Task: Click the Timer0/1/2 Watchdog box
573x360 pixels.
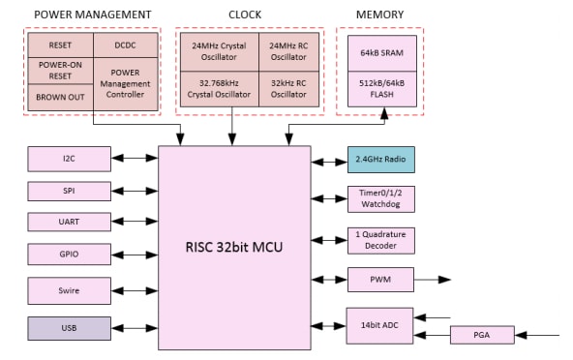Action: coord(380,198)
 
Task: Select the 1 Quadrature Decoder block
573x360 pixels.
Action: coord(380,240)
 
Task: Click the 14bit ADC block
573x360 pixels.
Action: coord(380,325)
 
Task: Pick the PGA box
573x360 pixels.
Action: coord(482,335)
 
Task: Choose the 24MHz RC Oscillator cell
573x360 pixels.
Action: coord(287,51)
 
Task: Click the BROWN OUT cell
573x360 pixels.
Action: coord(60,98)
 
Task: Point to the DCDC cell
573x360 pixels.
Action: coord(126,45)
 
